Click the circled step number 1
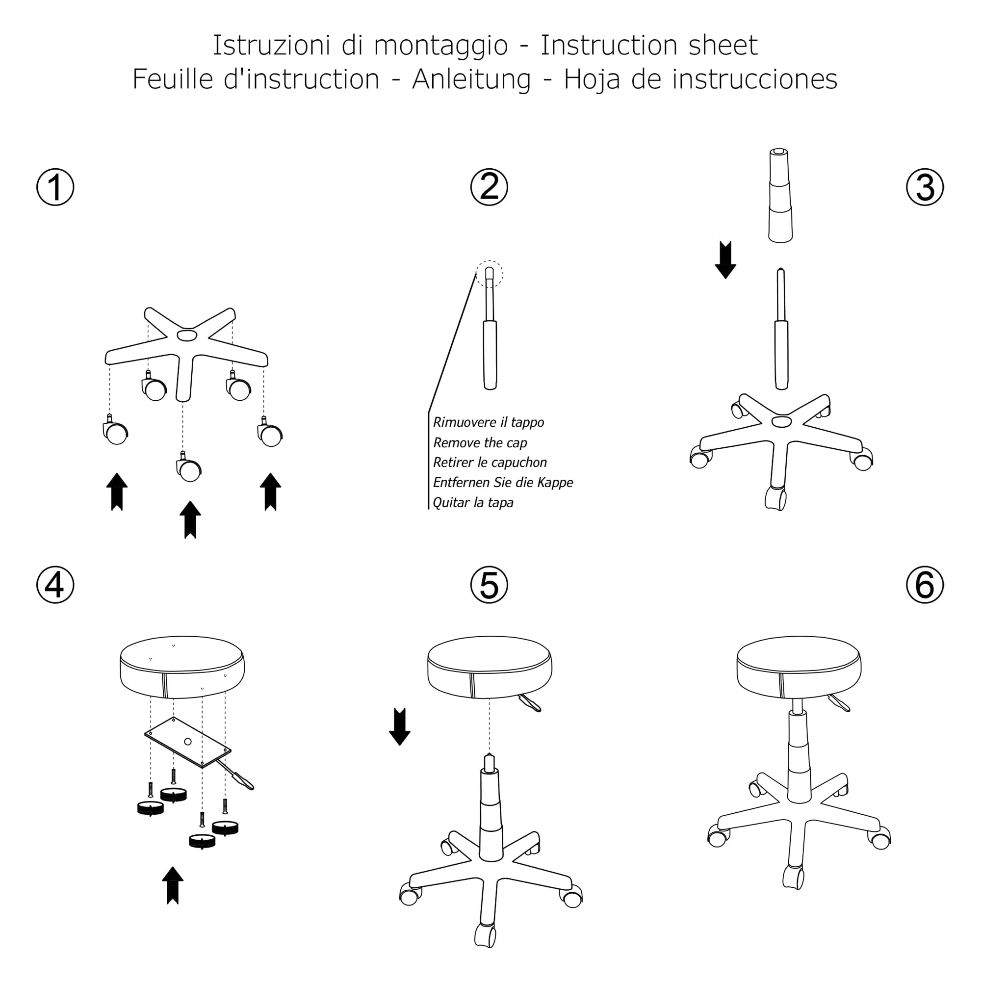point(55,187)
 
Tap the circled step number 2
point(489,187)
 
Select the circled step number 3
point(925,187)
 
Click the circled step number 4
point(55,585)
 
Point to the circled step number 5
point(489,585)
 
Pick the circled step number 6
point(925,585)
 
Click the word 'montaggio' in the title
point(440,46)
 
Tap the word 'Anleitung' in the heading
point(471,80)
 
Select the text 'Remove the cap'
point(480,443)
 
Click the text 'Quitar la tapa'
point(473,503)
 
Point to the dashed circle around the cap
point(490,274)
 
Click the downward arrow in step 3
point(725,260)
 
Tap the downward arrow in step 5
point(400,726)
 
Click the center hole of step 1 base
point(187,336)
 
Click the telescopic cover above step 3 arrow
point(780,196)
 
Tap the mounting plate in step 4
point(188,742)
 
